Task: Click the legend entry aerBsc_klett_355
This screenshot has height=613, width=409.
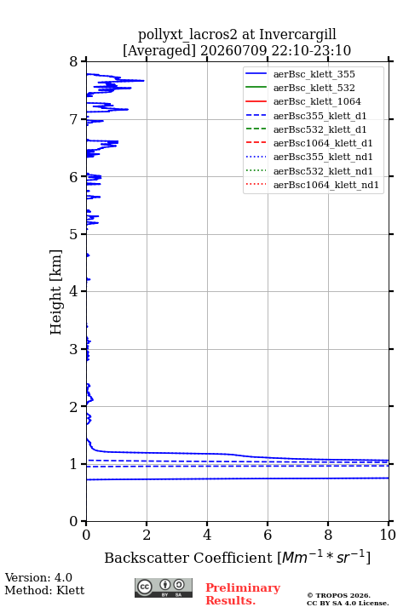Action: pos(314,74)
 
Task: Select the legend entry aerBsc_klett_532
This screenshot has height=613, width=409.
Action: pos(314,88)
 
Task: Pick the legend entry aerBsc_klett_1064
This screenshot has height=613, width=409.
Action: pos(317,101)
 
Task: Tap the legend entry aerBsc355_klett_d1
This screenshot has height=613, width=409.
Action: pos(320,116)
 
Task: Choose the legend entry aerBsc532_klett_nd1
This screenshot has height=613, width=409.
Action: pos(323,171)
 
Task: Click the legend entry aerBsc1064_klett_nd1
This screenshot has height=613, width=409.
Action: pos(326,185)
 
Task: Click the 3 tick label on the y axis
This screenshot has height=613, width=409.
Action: pos(74,349)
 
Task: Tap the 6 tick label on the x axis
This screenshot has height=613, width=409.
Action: pos(268,535)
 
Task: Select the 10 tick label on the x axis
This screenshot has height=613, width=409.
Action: pos(389,535)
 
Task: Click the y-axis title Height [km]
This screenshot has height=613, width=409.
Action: pos(56,292)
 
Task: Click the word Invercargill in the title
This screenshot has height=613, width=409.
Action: pos(298,35)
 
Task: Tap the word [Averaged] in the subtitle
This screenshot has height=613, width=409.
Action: pos(159,51)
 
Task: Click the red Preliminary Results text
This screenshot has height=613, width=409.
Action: pos(243,594)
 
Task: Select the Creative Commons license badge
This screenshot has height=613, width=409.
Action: pos(164,588)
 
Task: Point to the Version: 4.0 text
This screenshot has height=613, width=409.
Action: pos(38,577)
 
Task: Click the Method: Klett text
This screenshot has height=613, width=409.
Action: pos(44,590)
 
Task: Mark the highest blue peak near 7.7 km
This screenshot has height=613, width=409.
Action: pos(143,81)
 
